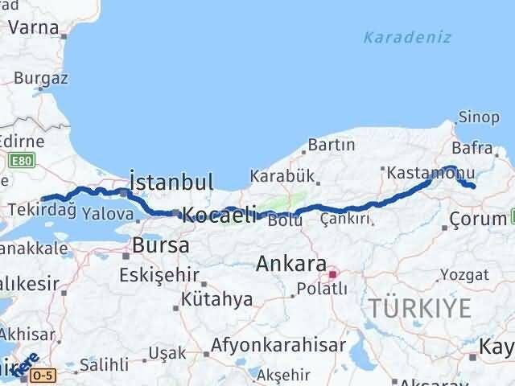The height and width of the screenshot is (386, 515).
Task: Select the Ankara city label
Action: (x=291, y=264)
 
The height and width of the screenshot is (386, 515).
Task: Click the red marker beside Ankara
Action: (x=332, y=274)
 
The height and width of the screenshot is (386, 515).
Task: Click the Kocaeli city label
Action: (x=220, y=215)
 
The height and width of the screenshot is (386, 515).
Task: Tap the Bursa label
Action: (x=161, y=245)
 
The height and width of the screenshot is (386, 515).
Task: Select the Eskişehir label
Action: (x=158, y=275)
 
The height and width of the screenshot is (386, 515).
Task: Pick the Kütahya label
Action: (x=216, y=299)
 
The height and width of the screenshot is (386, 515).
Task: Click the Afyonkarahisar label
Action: (x=278, y=346)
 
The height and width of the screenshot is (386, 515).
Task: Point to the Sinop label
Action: (x=480, y=117)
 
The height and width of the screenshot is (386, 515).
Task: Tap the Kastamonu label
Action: (x=418, y=173)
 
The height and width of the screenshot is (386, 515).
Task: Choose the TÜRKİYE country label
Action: (x=419, y=306)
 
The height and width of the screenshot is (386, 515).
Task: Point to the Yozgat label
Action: (x=465, y=274)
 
